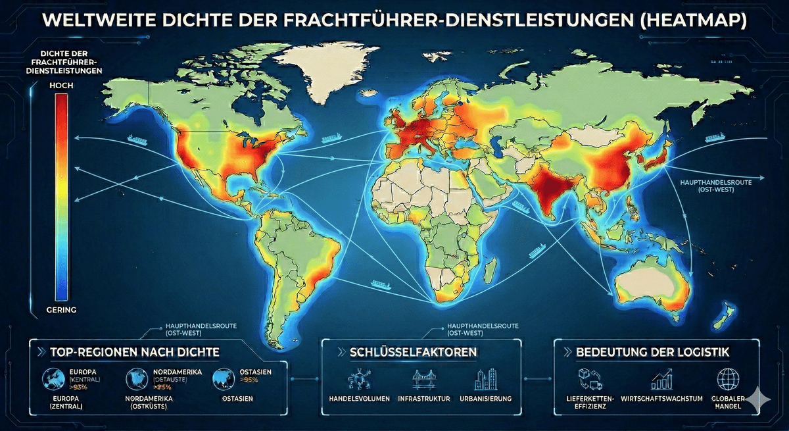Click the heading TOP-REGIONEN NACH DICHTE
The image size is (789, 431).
pos(134,352)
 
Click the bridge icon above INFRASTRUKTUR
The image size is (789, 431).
pos(420,380)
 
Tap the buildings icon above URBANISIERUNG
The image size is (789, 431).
pos(483,380)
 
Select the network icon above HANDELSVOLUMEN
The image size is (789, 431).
pos(358,380)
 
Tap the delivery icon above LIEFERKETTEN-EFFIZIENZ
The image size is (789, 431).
pos(587,379)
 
